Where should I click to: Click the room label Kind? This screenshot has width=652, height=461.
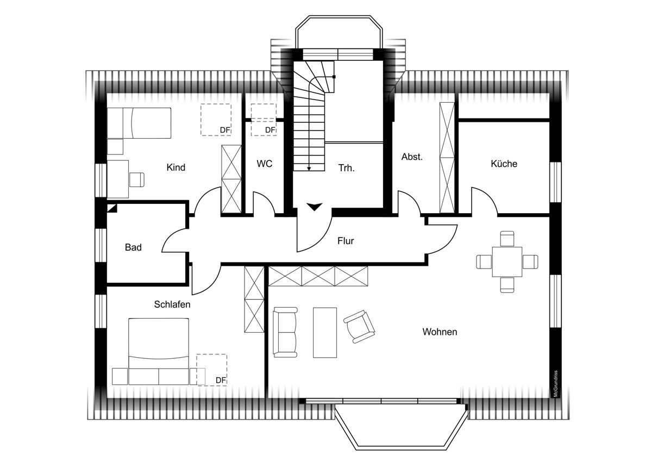tap(176, 167)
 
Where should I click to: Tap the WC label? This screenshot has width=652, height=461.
tap(265, 164)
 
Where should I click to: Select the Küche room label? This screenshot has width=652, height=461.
tap(504, 164)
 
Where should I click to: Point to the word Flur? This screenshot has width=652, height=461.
tap(346, 241)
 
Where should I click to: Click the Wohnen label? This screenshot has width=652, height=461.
tap(440, 332)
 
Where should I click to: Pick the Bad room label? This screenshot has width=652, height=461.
tap(133, 247)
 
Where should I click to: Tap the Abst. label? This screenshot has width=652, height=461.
tap(412, 157)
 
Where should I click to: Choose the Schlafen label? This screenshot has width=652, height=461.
tap(172, 304)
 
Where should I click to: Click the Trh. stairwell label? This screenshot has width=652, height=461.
tap(347, 168)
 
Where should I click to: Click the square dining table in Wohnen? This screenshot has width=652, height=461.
tap(507, 262)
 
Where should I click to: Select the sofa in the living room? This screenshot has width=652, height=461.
tap(285, 332)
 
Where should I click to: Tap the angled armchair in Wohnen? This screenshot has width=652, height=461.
tap(359, 327)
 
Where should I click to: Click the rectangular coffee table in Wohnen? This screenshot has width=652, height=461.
tap(325, 332)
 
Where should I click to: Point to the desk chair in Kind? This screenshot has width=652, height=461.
tap(137, 179)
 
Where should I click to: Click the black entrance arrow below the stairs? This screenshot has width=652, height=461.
tap(315, 207)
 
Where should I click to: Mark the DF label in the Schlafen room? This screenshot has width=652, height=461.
tap(221, 381)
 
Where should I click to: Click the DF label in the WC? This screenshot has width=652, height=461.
tap(271, 130)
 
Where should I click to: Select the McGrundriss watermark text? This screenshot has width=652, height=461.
tap(555, 384)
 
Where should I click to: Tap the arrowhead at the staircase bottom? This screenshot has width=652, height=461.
tap(309, 169)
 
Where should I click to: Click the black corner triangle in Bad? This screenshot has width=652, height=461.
tap(112, 208)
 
